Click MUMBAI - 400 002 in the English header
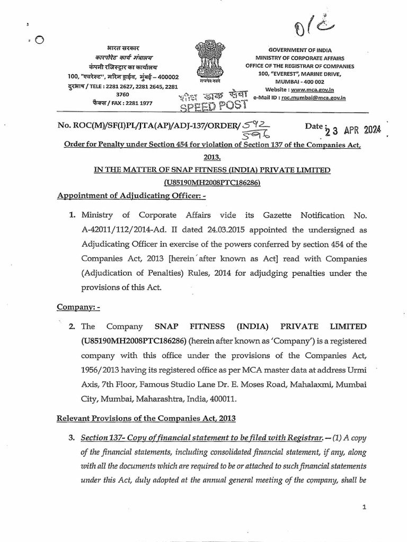click(x=314, y=82)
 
